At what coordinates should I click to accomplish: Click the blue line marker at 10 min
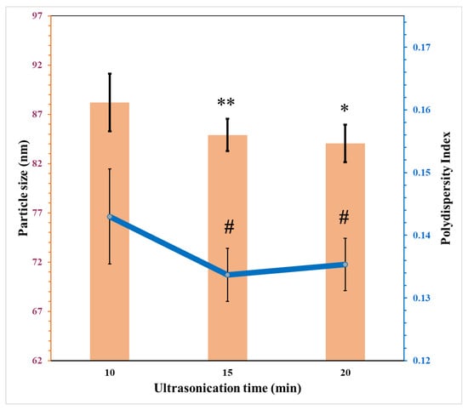point(110,217)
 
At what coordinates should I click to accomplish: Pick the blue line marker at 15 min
point(227,275)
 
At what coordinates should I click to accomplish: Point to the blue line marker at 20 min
point(345,265)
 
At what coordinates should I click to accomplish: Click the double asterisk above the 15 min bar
point(226,104)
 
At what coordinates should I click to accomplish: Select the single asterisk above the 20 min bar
point(344,111)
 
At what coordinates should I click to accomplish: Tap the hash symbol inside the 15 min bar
point(229,226)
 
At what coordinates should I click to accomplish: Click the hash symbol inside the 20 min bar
point(344,219)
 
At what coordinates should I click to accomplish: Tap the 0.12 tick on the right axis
point(423,361)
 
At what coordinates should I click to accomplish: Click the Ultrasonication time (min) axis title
point(226,388)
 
